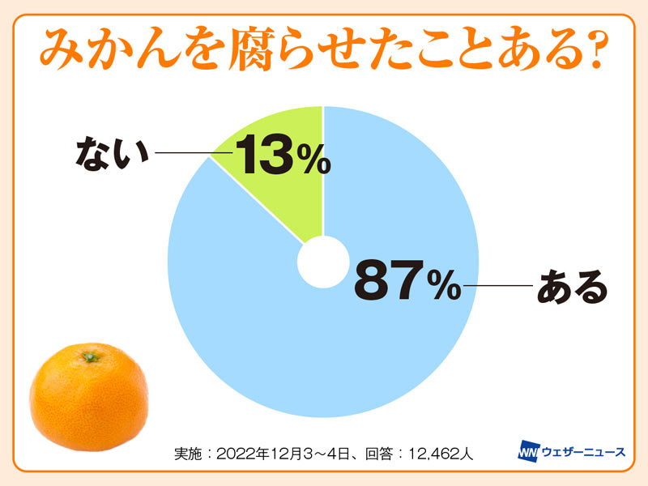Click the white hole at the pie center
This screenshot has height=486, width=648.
tap(323, 264)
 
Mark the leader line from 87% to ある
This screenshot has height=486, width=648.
tap(496, 285)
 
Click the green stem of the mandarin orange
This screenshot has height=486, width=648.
tap(90, 356)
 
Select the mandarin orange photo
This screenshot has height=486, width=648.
tap(89, 397)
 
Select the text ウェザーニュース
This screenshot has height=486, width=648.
tap(583, 452)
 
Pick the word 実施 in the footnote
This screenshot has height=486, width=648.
tap(189, 453)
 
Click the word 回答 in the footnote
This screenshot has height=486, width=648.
tap(377, 453)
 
